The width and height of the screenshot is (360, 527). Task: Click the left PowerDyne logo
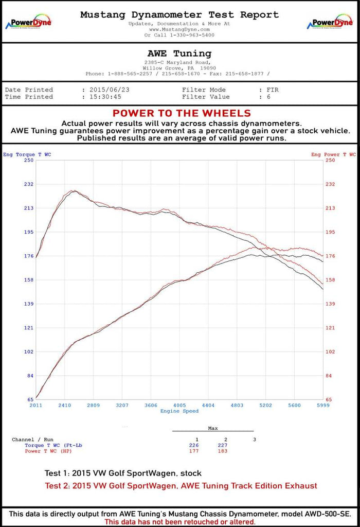(28, 24)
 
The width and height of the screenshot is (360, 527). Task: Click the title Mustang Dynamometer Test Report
(179, 15)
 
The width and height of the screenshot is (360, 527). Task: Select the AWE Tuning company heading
(179, 54)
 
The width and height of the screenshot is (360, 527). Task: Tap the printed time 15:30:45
(105, 97)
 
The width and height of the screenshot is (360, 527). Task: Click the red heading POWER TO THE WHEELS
(182, 113)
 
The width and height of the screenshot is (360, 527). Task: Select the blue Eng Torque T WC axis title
(27, 154)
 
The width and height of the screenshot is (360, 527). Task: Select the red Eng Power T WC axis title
(333, 154)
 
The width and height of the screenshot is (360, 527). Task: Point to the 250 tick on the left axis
(28, 161)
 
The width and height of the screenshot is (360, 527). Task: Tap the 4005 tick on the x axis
(179, 405)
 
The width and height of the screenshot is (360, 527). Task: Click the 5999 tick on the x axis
(322, 405)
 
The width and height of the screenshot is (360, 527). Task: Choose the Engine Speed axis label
(179, 411)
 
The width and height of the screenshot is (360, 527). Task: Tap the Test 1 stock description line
(123, 473)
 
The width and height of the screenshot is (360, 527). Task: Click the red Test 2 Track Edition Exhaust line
(181, 485)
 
